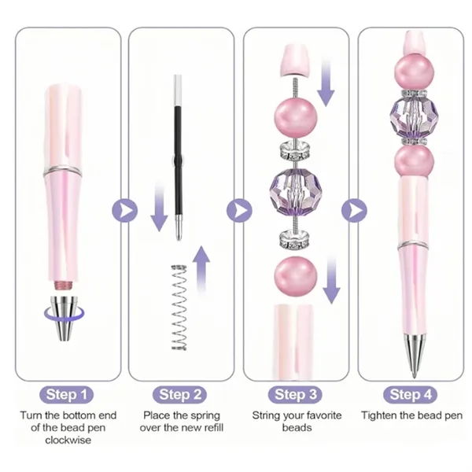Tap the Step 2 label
pyautogui.click(x=181, y=394)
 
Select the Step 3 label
pyautogui.click(x=296, y=394)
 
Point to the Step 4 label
pyautogui.click(x=411, y=394)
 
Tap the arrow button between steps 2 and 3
pyautogui.click(x=239, y=210)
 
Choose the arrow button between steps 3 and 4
pyautogui.click(x=354, y=210)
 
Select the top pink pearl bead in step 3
pyautogui.click(x=293, y=116)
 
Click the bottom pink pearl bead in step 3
pyautogui.click(x=293, y=275)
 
